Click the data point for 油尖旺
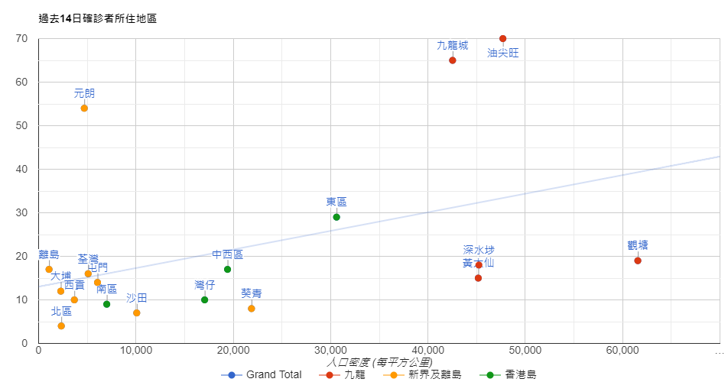click(502, 38)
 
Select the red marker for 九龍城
click(452, 60)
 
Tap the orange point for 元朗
click(84, 108)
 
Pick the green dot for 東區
click(336, 217)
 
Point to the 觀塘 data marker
click(638, 261)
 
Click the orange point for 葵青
click(252, 309)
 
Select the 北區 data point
click(61, 326)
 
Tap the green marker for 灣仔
click(204, 299)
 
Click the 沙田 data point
click(136, 313)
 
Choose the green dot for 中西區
click(227, 269)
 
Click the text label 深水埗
click(479, 250)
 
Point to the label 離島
click(48, 254)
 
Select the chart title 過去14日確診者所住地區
click(98, 18)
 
